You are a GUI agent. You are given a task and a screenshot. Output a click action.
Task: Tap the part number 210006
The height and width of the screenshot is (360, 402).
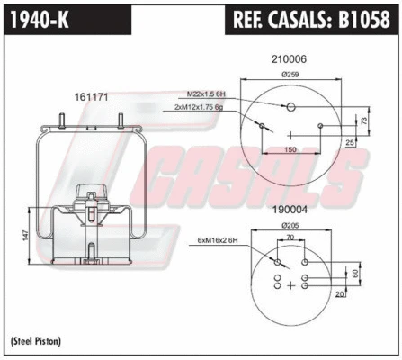[290, 59]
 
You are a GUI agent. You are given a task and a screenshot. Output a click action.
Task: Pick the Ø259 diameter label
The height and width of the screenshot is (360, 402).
[290, 75]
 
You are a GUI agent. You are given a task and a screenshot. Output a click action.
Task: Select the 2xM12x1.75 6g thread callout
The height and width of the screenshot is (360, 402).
[204, 107]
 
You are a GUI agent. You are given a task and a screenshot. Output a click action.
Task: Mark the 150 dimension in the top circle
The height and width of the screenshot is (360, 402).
[290, 149]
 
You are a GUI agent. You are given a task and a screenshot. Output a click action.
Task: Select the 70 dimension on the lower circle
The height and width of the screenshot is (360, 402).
[290, 238]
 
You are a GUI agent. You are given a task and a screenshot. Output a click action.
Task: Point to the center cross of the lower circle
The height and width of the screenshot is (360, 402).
[290, 285]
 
